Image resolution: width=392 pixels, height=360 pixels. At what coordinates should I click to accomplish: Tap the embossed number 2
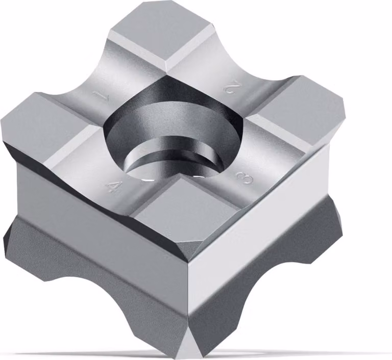click(x=230, y=87)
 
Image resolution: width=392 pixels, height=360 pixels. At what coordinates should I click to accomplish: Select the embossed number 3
click(x=245, y=177)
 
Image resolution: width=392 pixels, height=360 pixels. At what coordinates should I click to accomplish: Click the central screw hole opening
click(x=173, y=130)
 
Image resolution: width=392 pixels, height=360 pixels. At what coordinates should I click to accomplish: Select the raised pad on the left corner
click(x=47, y=125)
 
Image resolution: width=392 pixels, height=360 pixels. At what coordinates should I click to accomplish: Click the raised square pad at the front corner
click(x=185, y=213)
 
